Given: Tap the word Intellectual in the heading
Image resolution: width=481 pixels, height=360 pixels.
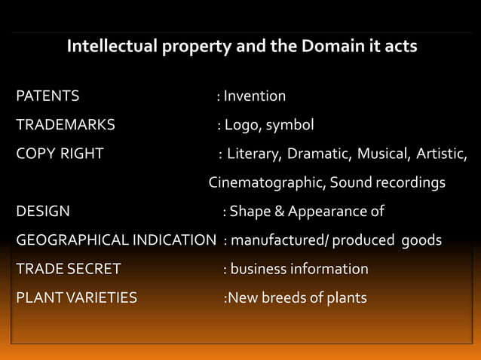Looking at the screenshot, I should click(111, 47).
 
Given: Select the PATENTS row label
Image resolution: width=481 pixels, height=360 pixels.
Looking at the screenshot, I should click(47, 96).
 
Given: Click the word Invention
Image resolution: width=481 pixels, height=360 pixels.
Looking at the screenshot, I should click(255, 96).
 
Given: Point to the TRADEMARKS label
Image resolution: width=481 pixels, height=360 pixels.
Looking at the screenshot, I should click(66, 125).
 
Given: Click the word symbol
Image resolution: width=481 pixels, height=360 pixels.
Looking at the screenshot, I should click(290, 125).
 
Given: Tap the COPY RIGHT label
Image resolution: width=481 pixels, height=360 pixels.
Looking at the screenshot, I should click(60, 154).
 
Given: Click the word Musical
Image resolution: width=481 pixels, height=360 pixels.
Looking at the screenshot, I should click(383, 154).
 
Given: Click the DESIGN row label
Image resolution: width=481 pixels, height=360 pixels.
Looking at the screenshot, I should click(43, 212).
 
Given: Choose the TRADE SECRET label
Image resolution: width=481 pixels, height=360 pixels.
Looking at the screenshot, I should click(69, 269).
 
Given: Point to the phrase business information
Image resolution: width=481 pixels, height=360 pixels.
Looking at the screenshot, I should click(299, 269).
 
